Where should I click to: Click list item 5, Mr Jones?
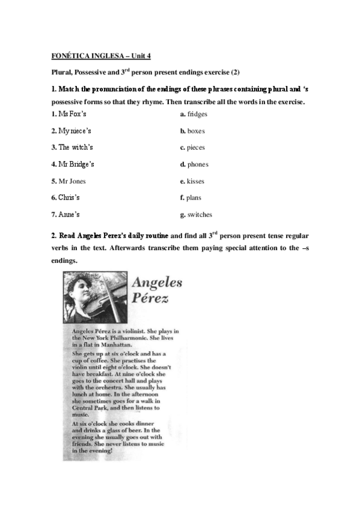tap(69, 181)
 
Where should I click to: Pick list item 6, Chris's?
tap(66, 198)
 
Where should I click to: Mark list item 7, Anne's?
tap(66, 215)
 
